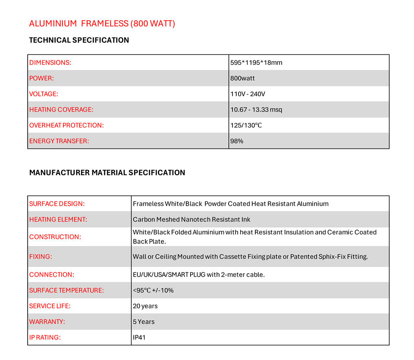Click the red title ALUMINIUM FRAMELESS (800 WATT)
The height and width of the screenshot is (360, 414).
102,23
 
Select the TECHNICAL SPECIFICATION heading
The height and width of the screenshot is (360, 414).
79,40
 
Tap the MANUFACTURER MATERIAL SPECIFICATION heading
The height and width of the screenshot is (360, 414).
107,173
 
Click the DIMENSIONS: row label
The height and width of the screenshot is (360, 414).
50,63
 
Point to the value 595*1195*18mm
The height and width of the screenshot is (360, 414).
256,63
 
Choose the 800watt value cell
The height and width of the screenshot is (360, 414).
242,79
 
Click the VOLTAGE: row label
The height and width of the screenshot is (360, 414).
44,94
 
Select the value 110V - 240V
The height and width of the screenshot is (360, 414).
248,94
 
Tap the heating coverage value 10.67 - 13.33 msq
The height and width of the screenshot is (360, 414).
256,110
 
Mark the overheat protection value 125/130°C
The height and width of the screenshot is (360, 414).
246,126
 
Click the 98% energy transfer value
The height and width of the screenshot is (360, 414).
237,141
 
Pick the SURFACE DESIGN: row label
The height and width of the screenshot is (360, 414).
57,204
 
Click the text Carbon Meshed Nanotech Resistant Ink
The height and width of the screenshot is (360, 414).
191,220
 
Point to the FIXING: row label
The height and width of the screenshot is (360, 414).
41,257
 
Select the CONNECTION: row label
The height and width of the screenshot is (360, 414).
52,275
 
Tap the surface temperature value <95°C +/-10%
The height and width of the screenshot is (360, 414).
153,291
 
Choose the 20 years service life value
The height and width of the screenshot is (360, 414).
145,306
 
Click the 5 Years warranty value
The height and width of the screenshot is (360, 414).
144,322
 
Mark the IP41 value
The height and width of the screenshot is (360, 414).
139,338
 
